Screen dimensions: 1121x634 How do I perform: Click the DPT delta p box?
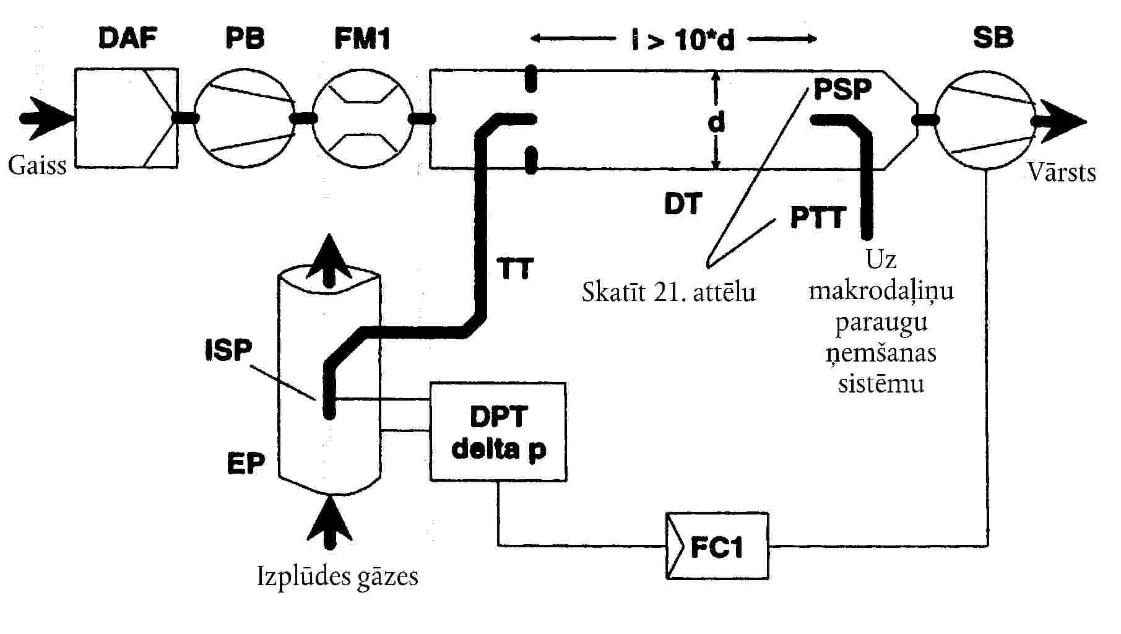(498, 432)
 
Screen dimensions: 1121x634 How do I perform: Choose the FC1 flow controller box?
(717, 545)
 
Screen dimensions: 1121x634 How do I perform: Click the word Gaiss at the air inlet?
(37, 166)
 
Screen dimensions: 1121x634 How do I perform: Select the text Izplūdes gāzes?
(337, 576)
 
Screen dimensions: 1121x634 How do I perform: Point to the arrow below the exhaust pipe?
(329, 522)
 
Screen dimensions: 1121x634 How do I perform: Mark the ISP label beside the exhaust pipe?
(228, 350)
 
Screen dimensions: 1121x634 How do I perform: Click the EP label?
(246, 462)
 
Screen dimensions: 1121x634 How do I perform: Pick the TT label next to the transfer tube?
(515, 269)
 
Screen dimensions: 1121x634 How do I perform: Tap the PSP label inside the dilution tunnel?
(842, 90)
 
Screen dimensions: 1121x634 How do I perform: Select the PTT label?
(818, 218)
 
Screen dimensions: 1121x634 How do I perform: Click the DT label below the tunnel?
(683, 204)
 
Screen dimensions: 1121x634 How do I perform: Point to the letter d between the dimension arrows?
(716, 122)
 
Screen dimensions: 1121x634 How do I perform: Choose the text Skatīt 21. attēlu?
(669, 291)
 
